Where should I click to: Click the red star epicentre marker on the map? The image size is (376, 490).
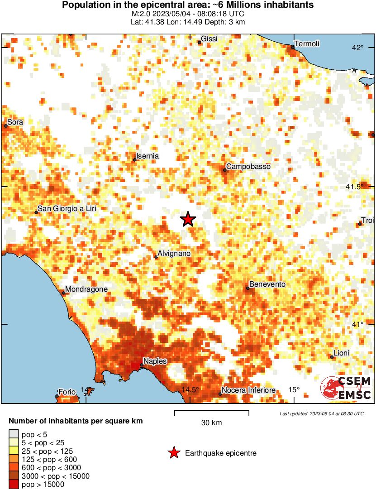[x=188, y=219]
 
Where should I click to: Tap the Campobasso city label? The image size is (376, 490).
[x=248, y=167]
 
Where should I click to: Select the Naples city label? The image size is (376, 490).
[x=155, y=361]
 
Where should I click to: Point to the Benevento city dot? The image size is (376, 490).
[x=248, y=288]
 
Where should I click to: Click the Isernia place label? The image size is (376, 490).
[x=148, y=156]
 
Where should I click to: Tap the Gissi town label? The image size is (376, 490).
[x=209, y=39]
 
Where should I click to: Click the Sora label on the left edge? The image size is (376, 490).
[x=15, y=122]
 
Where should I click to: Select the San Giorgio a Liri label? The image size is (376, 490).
[x=67, y=209]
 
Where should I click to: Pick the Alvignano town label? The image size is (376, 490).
[x=174, y=254]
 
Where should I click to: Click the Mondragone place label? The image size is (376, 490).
[x=86, y=289]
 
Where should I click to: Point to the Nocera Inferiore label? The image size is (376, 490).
[x=248, y=390]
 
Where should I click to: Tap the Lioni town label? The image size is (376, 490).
[x=341, y=353]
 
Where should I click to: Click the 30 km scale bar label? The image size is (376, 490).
[x=211, y=423]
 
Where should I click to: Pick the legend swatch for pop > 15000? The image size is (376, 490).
[x=14, y=485]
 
